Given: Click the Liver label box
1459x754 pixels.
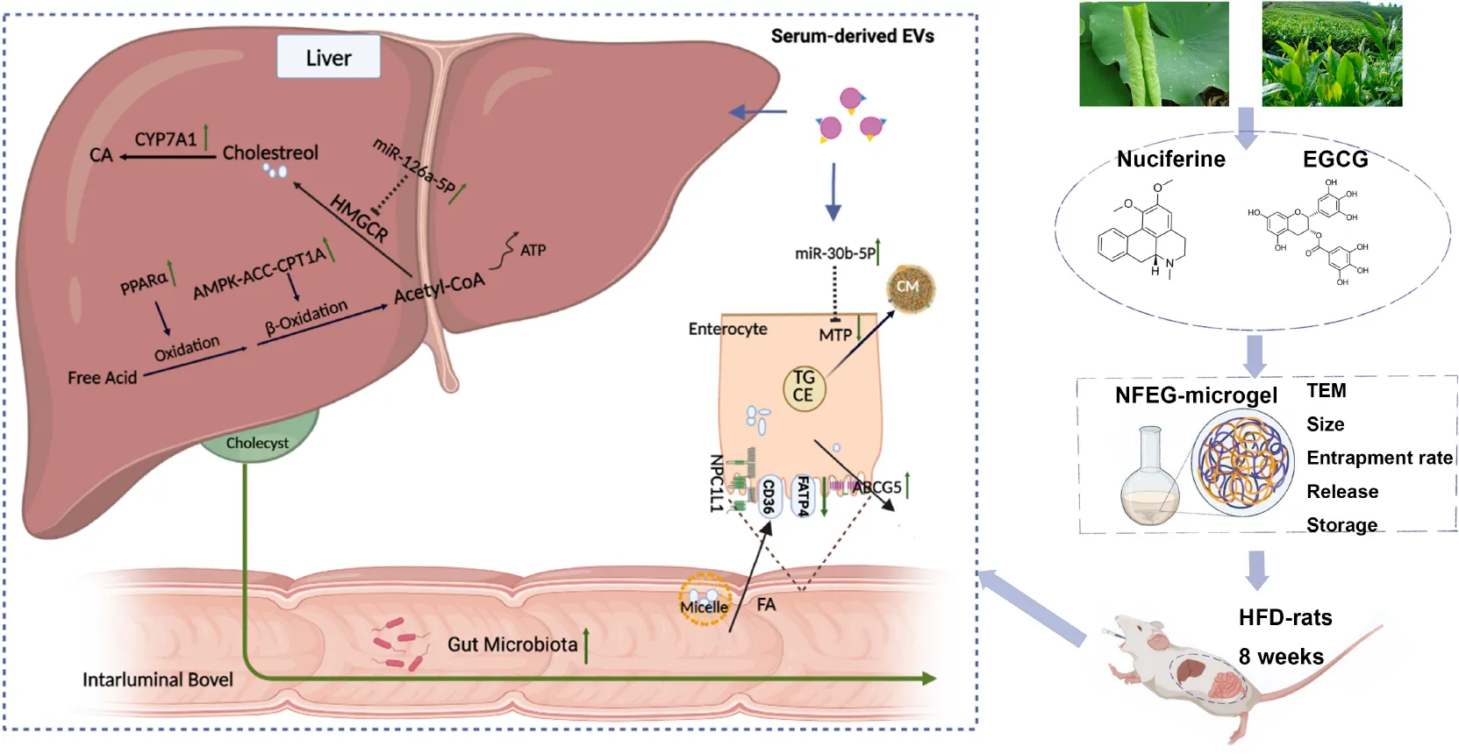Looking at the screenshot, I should (328, 58).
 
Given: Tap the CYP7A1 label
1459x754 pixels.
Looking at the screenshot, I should (165, 139).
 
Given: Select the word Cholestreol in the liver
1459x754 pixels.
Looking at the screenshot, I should (270, 153).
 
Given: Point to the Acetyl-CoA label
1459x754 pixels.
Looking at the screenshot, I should (439, 287).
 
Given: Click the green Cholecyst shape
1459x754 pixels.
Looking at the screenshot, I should (258, 438).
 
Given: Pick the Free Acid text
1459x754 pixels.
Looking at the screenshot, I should (102, 378).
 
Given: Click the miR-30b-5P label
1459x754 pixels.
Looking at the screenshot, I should (834, 253).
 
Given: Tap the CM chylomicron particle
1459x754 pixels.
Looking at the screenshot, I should (909, 288).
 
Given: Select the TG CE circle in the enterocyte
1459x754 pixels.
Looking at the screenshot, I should (804, 387).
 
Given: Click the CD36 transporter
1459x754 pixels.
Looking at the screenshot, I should (769, 495).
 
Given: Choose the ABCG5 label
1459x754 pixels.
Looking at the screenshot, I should (877, 487).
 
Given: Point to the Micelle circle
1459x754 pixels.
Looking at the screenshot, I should (704, 601).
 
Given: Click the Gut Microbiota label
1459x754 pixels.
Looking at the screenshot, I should (512, 644).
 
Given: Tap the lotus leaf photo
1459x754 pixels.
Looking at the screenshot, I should (1153, 53).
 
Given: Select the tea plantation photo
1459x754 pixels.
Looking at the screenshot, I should (1331, 53).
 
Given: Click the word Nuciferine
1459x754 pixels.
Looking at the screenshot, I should (1170, 159).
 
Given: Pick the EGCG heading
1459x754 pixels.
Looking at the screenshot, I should (1334, 159).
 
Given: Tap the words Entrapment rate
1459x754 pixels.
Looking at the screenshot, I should (1379, 458).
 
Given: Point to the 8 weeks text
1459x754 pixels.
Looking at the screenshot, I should (1281, 657).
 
